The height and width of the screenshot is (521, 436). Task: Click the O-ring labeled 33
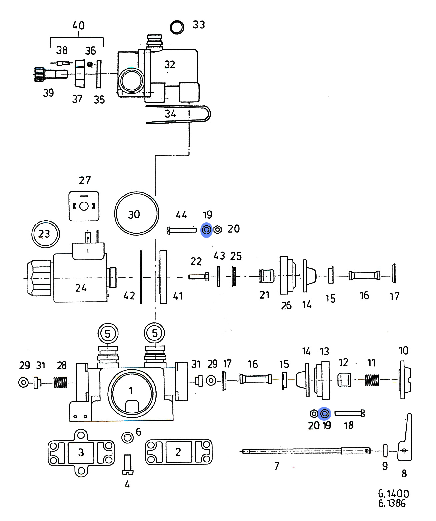[177, 27]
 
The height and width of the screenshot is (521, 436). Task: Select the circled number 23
[45, 234]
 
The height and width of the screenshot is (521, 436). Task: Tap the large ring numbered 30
[136, 214]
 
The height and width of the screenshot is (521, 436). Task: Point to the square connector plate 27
[84, 206]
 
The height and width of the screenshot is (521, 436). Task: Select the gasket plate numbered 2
[179, 452]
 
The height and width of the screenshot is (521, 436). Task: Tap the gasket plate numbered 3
[81, 453]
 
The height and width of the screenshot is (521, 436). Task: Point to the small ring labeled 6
[127, 437]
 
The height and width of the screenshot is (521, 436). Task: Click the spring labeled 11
[372, 380]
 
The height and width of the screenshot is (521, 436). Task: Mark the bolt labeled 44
[182, 230]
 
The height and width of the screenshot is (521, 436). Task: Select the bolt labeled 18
[350, 413]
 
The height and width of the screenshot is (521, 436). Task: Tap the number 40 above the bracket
[78, 26]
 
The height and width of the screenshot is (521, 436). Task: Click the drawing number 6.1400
[393, 494]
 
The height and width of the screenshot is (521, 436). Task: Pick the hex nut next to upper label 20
[217, 230]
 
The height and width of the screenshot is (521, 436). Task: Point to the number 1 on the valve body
[131, 390]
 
